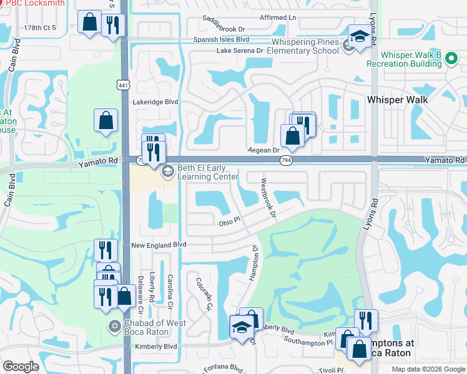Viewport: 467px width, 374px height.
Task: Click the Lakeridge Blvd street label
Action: [x=155, y=102]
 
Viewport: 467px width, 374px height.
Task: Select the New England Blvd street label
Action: [x=159, y=246]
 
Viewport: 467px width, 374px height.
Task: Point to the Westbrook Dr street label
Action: [x=268, y=198]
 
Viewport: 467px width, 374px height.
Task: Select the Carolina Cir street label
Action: [x=169, y=290]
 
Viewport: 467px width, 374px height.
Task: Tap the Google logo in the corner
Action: [x=20, y=367]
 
